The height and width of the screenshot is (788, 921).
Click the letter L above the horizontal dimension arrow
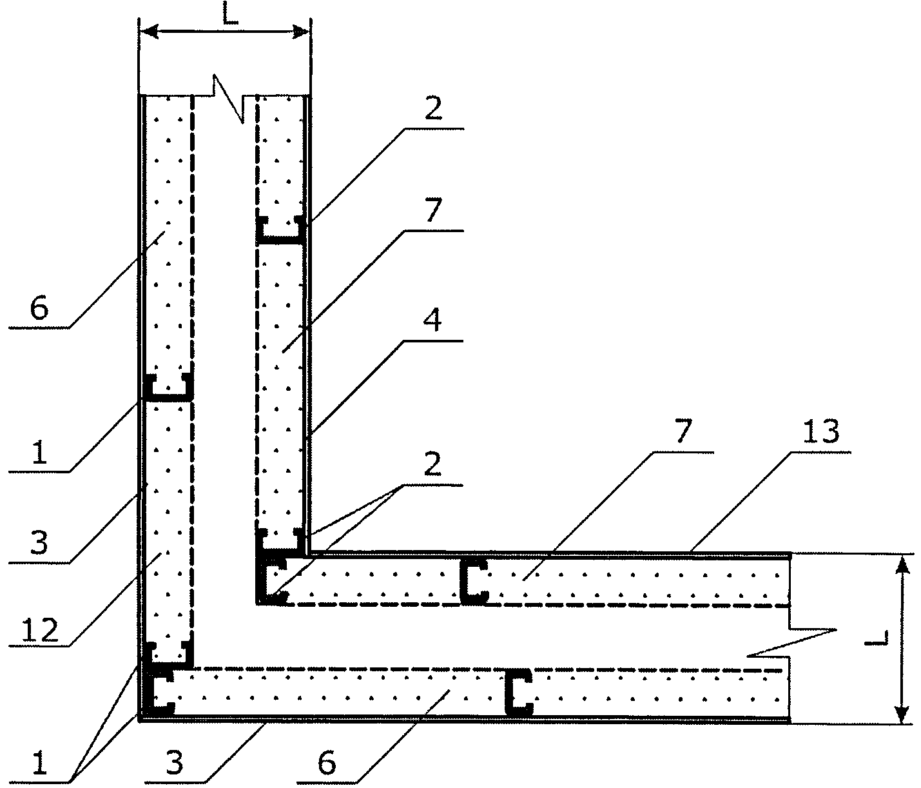point(230,15)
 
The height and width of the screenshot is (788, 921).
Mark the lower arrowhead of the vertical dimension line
point(902,713)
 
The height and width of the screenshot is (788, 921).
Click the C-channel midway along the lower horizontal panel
point(518,692)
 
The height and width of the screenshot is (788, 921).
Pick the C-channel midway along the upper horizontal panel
point(473,581)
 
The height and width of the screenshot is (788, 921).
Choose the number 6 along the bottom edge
point(327,763)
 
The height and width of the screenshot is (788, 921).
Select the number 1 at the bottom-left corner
point(39,765)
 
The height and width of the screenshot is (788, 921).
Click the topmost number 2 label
point(434,110)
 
